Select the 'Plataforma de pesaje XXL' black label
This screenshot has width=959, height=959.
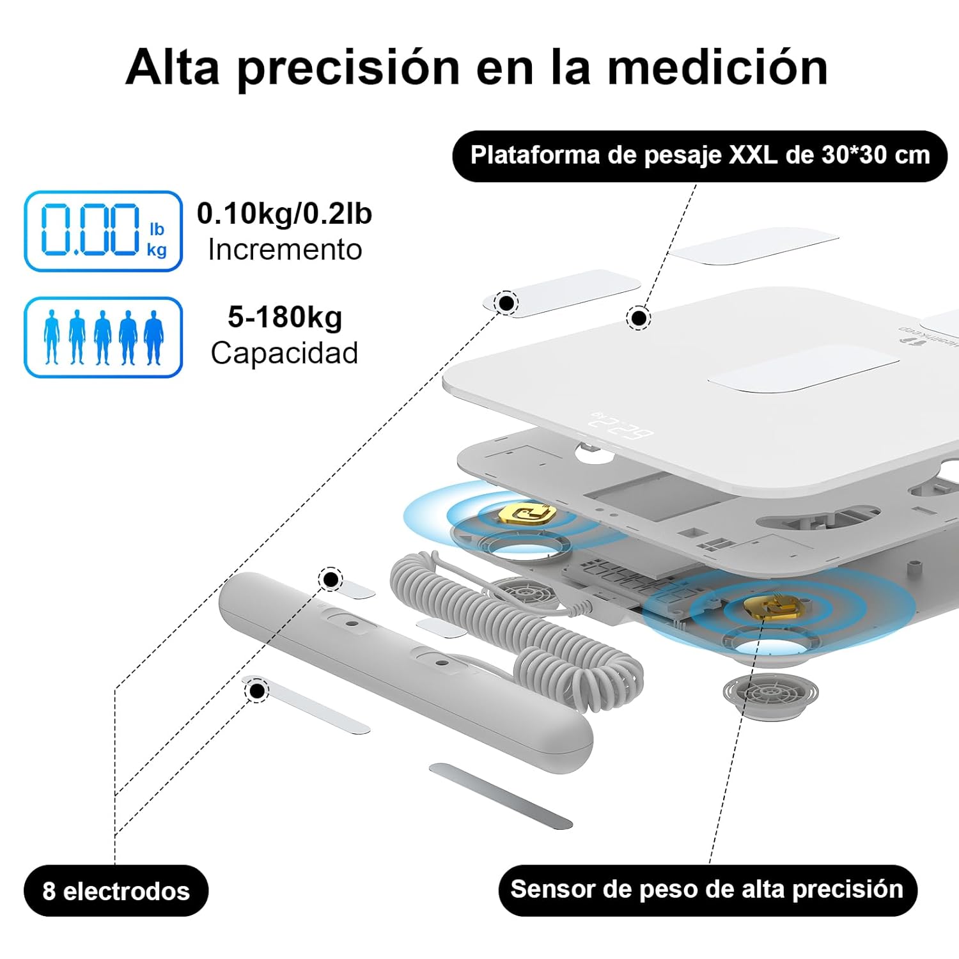point(699,156)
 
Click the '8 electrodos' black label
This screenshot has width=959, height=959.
point(116,891)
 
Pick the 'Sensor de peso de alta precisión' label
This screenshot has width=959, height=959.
point(707,890)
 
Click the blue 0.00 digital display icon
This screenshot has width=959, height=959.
point(103,231)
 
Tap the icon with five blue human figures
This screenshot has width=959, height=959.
point(103,337)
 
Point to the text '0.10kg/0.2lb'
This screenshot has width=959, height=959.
point(284,214)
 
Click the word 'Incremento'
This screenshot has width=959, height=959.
point(285,250)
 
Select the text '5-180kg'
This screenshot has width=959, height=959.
point(285,317)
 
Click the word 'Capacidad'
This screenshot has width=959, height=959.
point(285,353)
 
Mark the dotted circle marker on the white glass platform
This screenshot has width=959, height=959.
point(637,317)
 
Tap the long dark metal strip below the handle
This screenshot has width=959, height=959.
point(500,795)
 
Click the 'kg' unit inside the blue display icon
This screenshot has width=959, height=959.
point(157,249)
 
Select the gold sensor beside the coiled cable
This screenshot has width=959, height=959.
point(526,513)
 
